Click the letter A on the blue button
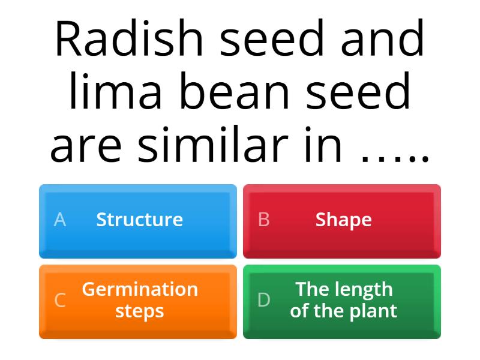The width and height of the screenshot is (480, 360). [x=60, y=220]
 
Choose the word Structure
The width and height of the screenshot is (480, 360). [x=140, y=220]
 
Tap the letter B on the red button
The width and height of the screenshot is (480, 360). [x=263, y=220]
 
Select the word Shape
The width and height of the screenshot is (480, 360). [x=344, y=220]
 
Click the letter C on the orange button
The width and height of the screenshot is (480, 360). [x=60, y=300]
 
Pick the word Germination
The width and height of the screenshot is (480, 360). [x=140, y=289]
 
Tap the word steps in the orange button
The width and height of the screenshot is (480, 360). [x=140, y=311]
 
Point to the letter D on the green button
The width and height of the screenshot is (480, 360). [x=264, y=300]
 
